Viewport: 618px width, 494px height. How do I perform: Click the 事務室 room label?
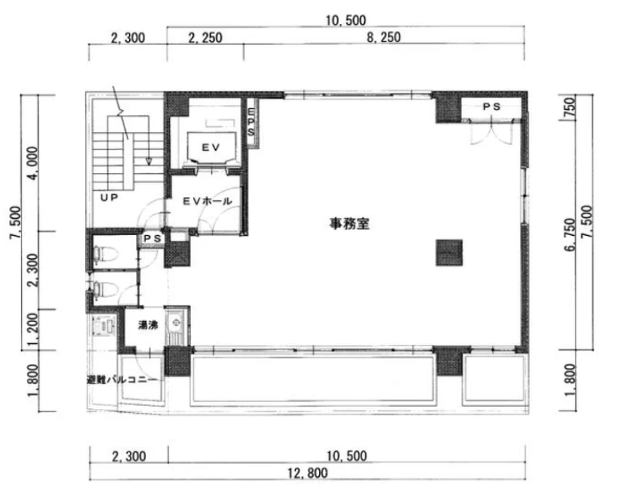click(349, 223)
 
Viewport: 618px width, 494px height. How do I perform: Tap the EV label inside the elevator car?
click(211, 147)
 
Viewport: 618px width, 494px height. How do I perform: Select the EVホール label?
click(207, 201)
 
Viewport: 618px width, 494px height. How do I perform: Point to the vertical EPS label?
click(251, 122)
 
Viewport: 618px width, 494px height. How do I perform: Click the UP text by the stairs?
click(109, 197)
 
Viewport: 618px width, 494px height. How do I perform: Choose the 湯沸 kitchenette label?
click(148, 325)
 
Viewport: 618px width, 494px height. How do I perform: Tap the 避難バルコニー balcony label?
click(122, 380)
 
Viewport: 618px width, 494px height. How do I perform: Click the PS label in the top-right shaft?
click(491, 107)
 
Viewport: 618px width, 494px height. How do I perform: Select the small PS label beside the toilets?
click(152, 238)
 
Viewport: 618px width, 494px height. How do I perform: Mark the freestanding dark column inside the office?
click(449, 253)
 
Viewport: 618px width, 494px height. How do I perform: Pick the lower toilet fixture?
click(104, 290)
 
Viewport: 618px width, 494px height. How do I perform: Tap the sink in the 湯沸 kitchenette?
click(174, 322)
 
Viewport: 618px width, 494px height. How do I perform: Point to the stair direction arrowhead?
click(149, 161)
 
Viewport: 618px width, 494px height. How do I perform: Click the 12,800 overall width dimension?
click(307, 472)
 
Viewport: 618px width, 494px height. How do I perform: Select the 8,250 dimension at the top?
click(383, 37)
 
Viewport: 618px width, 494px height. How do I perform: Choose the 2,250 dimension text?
click(205, 38)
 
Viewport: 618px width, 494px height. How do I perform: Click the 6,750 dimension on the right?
click(570, 235)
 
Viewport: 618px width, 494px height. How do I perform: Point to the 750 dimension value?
click(570, 107)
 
